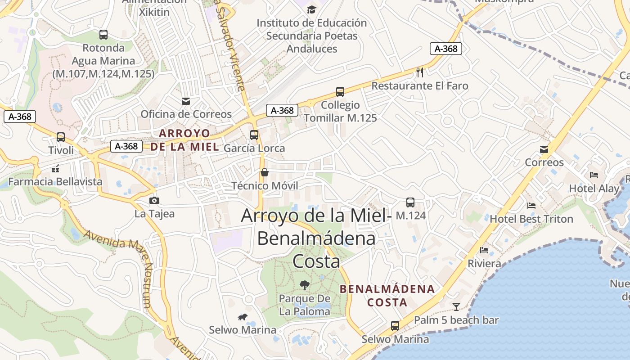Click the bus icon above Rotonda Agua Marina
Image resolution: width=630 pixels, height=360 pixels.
click(103, 34)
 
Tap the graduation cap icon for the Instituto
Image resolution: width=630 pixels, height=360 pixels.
click(311, 9)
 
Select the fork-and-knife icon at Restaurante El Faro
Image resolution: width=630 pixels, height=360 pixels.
click(420, 72)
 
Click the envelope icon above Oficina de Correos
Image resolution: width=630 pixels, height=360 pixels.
click(186, 101)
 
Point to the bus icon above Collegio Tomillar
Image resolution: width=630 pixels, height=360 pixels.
click(340, 92)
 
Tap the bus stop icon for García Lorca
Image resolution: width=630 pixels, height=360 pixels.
click(254, 135)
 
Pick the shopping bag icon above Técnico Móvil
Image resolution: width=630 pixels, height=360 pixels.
click(265, 172)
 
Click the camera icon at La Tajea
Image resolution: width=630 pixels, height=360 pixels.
click(154, 200)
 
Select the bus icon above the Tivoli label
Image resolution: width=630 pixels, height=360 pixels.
click(61, 137)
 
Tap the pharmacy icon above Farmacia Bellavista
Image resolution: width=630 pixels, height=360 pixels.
click(55, 169)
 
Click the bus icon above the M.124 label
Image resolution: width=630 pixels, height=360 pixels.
click(410, 202)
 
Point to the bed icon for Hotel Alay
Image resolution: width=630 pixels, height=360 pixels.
click(594, 175)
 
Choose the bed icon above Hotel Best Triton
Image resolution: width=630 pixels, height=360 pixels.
click(531, 206)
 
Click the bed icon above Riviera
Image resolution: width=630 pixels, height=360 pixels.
click(484, 250)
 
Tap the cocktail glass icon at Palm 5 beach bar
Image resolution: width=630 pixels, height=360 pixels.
click(456, 307)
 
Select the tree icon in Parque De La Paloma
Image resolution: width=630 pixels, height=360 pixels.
click(305, 285)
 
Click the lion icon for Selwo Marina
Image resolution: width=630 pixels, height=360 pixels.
click(243, 317)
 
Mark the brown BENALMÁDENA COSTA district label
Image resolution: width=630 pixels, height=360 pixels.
click(387, 295)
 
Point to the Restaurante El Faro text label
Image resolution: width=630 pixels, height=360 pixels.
click(420, 85)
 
